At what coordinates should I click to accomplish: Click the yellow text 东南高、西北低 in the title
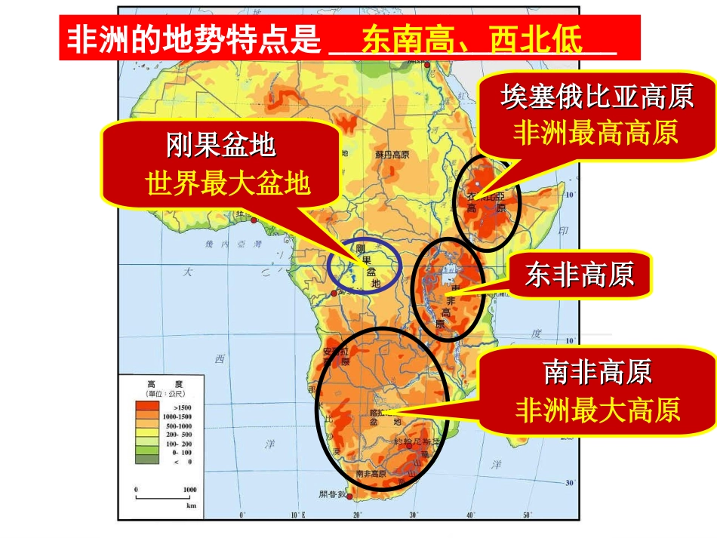coord(473,40)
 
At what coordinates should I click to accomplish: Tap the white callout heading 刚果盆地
coord(220,146)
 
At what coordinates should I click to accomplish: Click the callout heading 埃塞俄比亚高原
coord(597,97)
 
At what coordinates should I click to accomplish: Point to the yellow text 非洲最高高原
coord(595,133)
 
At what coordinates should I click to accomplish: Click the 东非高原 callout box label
coord(579,275)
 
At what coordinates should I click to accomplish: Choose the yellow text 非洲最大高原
coord(597,410)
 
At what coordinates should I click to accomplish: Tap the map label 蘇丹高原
coord(392,153)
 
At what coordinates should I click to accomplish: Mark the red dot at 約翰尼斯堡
coord(408,445)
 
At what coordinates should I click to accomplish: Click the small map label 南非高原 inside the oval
coord(371,474)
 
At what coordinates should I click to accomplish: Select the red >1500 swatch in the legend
coord(146,406)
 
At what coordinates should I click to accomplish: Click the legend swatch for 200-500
coord(146,434)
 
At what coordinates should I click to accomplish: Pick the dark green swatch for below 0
coord(146,461)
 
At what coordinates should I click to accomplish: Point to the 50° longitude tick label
coord(526,515)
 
